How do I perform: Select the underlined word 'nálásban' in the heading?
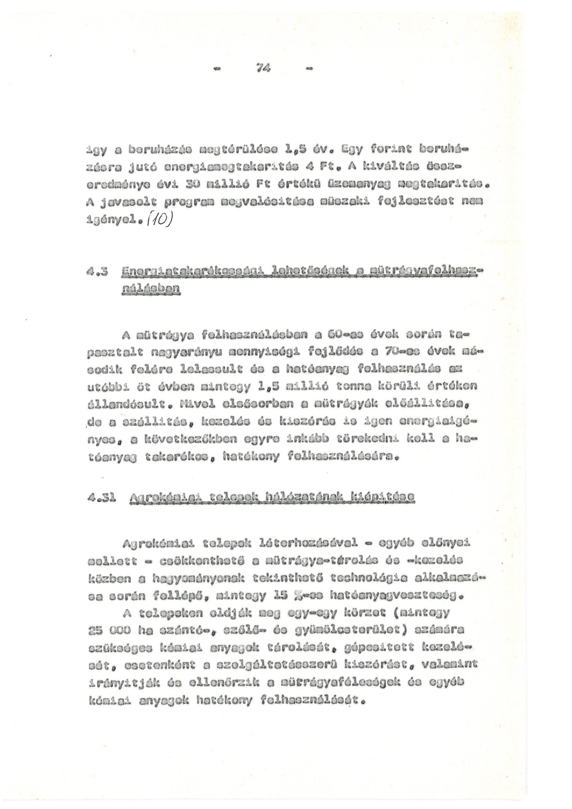point(150,290)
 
